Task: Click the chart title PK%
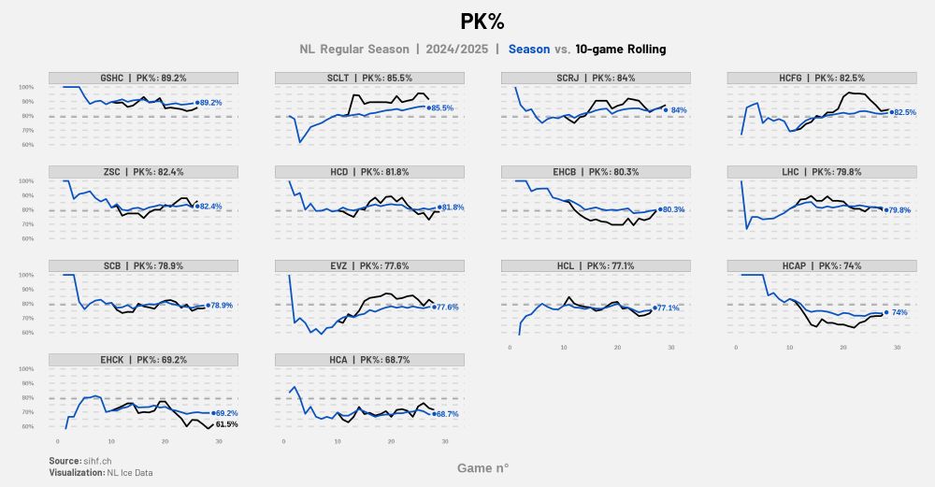pos(482,21)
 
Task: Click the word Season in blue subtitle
pos(528,49)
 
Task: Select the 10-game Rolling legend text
pos(621,49)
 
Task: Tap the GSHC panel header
pos(143,78)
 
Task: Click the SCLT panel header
pos(369,78)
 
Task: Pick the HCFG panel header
pos(822,78)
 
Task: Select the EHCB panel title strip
pos(596,172)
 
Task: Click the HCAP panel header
pos(822,265)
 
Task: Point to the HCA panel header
pos(369,359)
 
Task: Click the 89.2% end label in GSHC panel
pos(211,103)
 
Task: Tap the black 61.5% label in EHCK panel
pos(226,424)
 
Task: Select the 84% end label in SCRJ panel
pos(679,110)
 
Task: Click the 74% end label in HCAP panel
pos(899,312)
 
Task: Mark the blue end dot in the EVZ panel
pos(433,307)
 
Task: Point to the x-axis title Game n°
pos(482,467)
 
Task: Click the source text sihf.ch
pos(98,461)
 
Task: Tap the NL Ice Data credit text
pos(131,473)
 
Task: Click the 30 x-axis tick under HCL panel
pos(670,349)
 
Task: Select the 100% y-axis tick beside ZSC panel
pos(26,181)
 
